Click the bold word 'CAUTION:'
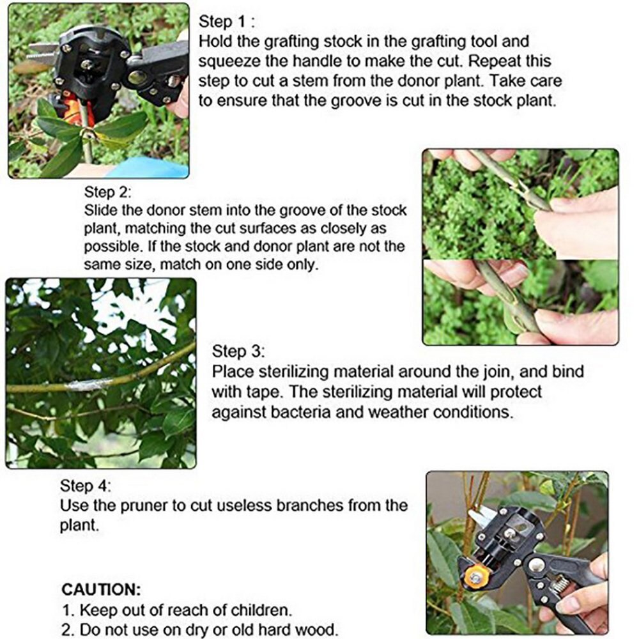coord(101,589)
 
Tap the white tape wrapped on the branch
coord(89,384)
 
